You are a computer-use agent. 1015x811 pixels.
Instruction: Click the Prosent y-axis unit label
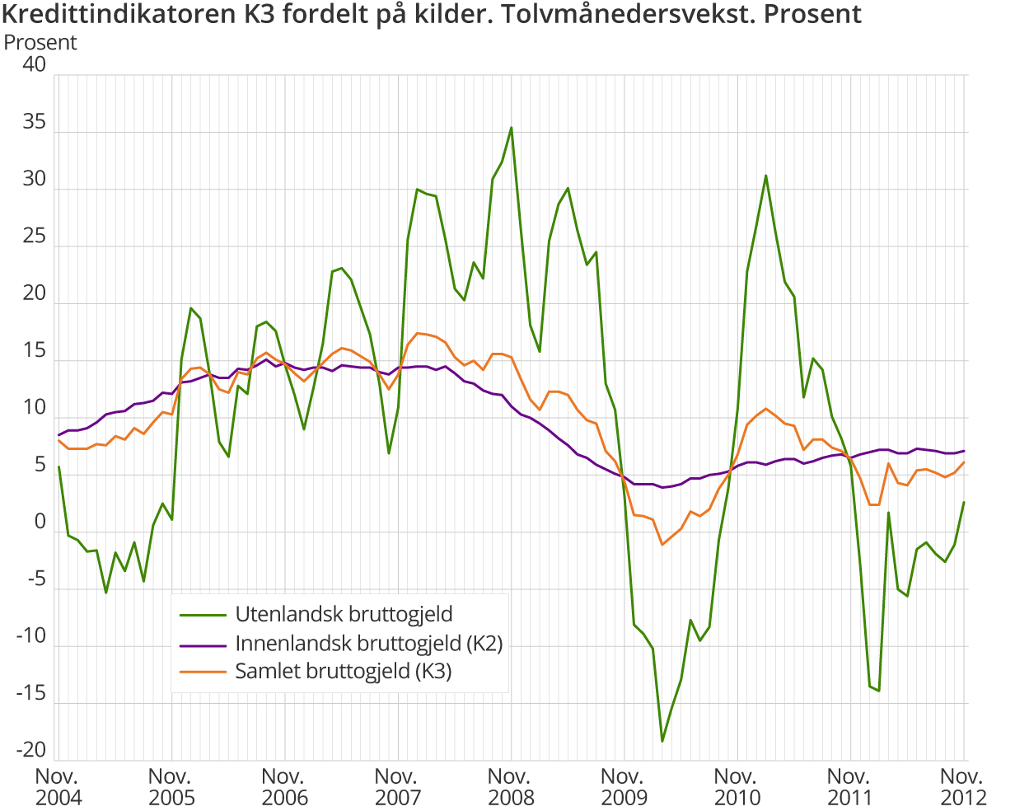(x=40, y=43)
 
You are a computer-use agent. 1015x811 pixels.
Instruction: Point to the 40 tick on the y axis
(x=35, y=65)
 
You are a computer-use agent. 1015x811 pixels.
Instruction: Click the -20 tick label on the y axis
(x=31, y=750)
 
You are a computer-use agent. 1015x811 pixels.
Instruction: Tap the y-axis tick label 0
(x=40, y=523)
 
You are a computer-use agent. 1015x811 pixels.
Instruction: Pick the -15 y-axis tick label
(x=31, y=694)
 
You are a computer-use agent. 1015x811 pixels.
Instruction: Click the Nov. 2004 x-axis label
(x=58, y=787)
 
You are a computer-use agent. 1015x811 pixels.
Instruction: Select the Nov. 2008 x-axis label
(x=511, y=787)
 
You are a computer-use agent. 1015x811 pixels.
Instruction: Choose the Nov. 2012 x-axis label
(x=963, y=787)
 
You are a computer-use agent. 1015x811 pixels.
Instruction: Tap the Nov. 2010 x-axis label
(x=737, y=787)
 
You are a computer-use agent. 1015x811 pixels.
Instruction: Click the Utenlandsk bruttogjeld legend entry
(x=344, y=614)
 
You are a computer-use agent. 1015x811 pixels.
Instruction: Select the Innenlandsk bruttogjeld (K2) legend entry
(x=368, y=643)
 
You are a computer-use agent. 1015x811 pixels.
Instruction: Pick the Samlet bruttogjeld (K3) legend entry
(x=344, y=671)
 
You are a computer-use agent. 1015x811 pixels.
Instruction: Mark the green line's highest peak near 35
(x=511, y=128)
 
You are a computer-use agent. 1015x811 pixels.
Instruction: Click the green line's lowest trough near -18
(x=662, y=741)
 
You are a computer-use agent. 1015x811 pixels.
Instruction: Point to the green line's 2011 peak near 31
(x=765, y=176)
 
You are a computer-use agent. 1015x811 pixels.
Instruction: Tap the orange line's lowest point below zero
(x=662, y=545)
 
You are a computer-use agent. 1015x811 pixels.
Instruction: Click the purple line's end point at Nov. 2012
(x=964, y=451)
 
